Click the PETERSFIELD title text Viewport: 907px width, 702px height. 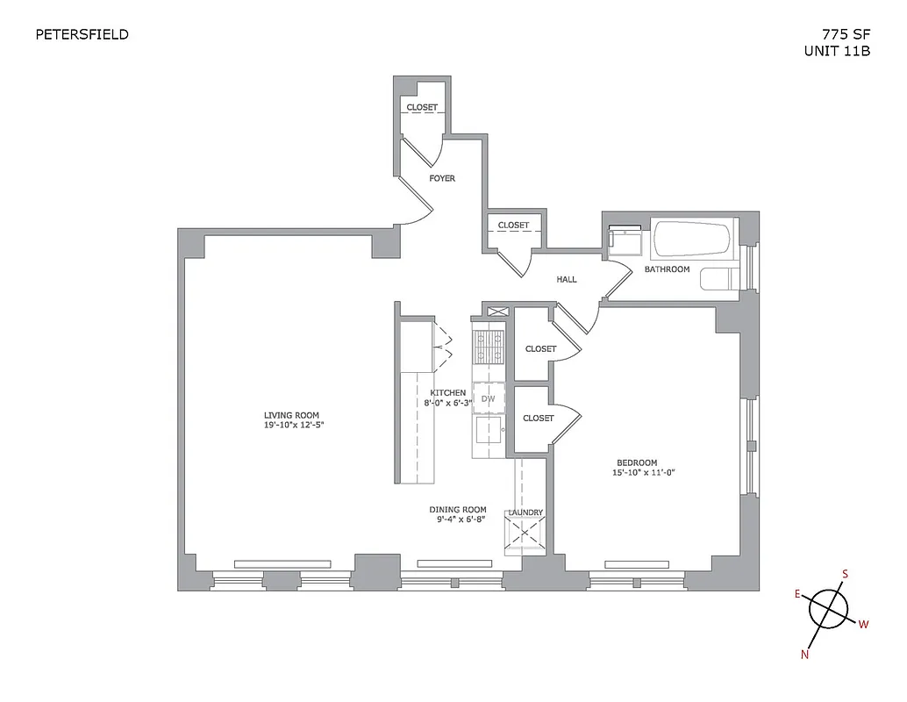pyautogui.click(x=82, y=35)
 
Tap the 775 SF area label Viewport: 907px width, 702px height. pyautogui.click(x=846, y=35)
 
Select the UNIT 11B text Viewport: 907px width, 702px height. pyautogui.click(x=837, y=52)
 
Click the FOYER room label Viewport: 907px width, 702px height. pyautogui.click(x=442, y=178)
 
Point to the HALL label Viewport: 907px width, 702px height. pyautogui.click(x=567, y=280)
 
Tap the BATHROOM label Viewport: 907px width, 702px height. pyautogui.click(x=667, y=269)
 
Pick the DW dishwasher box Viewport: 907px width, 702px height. pyautogui.click(x=489, y=399)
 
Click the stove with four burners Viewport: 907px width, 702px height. pyautogui.click(x=489, y=346)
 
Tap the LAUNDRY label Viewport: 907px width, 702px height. pyautogui.click(x=525, y=512)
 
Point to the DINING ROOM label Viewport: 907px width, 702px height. pyautogui.click(x=457, y=509)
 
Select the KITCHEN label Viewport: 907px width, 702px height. pyautogui.click(x=447, y=392)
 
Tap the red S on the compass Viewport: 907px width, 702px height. pyautogui.click(x=845, y=575)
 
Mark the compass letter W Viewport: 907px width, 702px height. pyautogui.click(x=863, y=625)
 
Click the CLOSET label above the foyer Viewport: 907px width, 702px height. pyautogui.click(x=421, y=107)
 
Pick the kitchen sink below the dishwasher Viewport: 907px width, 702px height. pyautogui.click(x=488, y=430)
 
